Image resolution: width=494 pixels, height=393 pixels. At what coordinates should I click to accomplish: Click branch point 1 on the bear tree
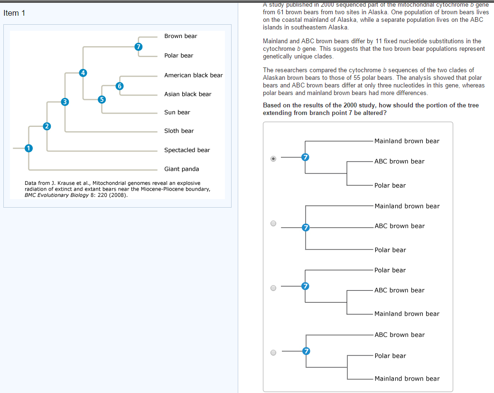point(28,148)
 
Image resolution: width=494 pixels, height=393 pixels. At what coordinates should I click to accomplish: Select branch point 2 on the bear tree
point(47,126)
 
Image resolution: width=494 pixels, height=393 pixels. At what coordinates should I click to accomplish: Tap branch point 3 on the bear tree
point(65,101)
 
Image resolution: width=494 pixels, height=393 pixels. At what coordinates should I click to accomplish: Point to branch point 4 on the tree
point(83,73)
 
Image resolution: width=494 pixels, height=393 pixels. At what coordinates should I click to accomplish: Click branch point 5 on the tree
point(101,99)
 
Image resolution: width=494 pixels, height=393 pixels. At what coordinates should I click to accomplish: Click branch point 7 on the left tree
point(138,47)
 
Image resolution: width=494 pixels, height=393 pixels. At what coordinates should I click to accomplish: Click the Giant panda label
point(181,169)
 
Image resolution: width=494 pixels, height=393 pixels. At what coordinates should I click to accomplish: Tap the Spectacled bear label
point(186,150)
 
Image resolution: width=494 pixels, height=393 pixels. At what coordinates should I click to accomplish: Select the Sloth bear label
point(179,131)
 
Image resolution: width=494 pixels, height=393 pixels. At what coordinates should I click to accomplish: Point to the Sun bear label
point(177,112)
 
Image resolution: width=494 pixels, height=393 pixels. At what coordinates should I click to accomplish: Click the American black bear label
point(193,75)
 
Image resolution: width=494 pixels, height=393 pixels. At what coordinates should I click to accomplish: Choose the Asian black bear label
point(187,94)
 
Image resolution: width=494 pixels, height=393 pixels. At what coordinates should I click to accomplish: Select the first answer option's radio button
point(273,159)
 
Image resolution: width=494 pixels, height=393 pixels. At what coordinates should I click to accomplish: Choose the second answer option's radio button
point(273,223)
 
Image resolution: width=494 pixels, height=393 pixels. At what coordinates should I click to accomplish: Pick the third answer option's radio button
point(273,288)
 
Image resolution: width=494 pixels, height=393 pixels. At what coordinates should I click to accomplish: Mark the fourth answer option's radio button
point(273,353)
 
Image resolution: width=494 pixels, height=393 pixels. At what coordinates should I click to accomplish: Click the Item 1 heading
point(14,13)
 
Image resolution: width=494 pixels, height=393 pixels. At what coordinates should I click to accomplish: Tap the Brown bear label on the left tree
point(180,36)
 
